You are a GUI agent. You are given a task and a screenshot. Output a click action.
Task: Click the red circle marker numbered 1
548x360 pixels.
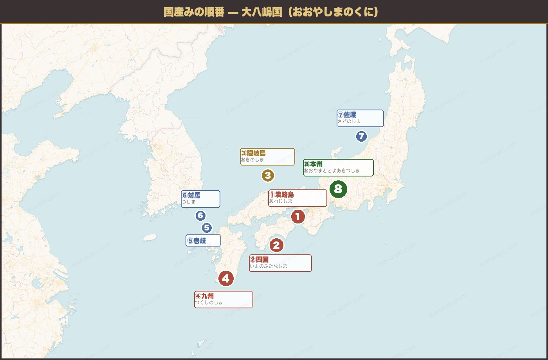click(x=297, y=216)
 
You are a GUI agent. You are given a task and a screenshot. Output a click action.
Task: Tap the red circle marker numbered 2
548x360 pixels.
click(x=276, y=245)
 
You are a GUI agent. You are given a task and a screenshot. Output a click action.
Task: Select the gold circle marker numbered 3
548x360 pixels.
click(x=268, y=176)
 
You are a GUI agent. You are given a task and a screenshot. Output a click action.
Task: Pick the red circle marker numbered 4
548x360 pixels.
click(x=226, y=279)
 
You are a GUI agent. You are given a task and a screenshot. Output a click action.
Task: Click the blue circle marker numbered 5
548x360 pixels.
click(x=207, y=228)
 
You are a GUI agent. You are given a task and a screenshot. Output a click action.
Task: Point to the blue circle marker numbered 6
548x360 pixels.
click(x=200, y=216)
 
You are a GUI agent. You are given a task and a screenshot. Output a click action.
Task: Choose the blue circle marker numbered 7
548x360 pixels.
click(x=361, y=137)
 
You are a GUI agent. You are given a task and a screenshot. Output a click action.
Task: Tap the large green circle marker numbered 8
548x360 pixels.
click(x=338, y=189)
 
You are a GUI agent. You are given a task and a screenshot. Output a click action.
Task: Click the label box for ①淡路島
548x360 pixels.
click(x=297, y=198)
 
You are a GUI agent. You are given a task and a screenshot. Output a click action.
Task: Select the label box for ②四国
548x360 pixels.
click(x=280, y=263)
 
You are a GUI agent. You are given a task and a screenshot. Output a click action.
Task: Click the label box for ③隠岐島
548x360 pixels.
click(x=267, y=157)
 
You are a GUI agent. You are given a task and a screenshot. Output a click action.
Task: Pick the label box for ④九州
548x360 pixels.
click(x=224, y=299)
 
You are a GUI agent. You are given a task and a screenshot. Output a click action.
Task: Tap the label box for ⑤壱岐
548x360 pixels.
click(x=203, y=241)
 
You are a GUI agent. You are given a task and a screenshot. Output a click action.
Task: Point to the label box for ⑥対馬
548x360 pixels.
click(x=200, y=199)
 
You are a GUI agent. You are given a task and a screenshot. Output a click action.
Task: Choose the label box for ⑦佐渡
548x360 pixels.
click(x=360, y=118)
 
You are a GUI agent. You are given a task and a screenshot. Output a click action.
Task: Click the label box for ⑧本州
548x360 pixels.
click(x=338, y=167)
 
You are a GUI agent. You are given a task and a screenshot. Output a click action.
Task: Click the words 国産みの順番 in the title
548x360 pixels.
click(x=194, y=12)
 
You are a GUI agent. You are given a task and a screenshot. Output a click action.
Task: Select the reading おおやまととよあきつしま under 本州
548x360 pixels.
click(x=332, y=171)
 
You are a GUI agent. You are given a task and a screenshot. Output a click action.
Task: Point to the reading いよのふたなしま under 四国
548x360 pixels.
click(x=269, y=266)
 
